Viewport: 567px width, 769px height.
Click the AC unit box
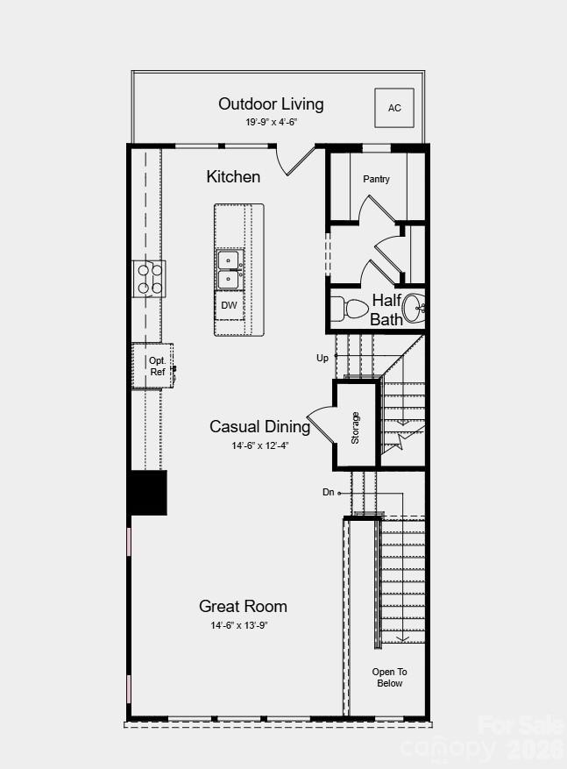[x=394, y=108]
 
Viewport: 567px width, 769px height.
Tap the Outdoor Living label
[x=271, y=104]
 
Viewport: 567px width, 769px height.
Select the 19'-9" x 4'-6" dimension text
[x=271, y=123]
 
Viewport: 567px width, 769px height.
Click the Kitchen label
[x=233, y=176]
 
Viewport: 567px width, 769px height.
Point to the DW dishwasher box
[x=229, y=305]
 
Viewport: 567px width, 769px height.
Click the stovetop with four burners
[x=149, y=279]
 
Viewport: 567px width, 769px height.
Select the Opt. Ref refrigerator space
[x=152, y=366]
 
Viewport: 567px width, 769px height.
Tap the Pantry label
[x=376, y=179]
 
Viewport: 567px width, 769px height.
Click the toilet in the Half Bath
[x=350, y=309]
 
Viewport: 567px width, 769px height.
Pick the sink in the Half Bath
[x=414, y=309]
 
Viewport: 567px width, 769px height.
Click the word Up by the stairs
[x=322, y=359]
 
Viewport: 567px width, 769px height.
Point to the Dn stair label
[x=329, y=492]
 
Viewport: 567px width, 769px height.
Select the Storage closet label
[x=355, y=428]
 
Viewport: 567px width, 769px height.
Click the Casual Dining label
[x=259, y=427]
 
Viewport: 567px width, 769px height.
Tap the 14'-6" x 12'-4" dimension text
[x=260, y=445]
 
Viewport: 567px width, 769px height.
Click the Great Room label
[x=243, y=606]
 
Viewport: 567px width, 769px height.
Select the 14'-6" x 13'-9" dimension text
[x=239, y=625]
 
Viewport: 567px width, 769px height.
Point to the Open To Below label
[x=390, y=677]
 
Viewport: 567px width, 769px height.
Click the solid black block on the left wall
[x=147, y=493]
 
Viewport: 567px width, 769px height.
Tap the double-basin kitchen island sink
[x=229, y=270]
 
